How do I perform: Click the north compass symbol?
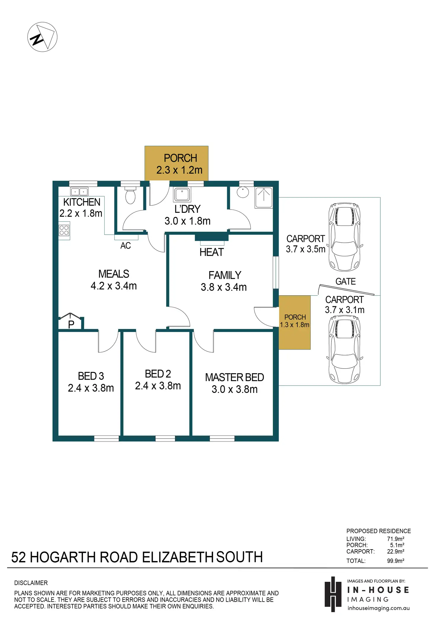(x=42, y=37)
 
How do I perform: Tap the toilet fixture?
(x=130, y=195)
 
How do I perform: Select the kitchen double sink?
(x=79, y=192)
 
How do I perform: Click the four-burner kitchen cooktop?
(x=64, y=230)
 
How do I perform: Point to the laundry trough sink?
(x=182, y=194)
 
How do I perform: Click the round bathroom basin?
(x=243, y=192)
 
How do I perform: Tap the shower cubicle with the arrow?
(x=264, y=198)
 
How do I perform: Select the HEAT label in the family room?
(x=211, y=252)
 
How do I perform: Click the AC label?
(x=126, y=246)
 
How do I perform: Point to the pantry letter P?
(x=71, y=325)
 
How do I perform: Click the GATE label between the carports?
(x=346, y=281)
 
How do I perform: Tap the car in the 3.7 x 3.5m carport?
(x=344, y=237)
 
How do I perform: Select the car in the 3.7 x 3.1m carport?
(x=344, y=349)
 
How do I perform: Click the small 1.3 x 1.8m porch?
(x=295, y=322)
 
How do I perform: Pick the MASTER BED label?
(x=235, y=378)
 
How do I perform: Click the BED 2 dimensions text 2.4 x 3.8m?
(x=158, y=386)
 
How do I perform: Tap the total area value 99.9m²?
(x=395, y=561)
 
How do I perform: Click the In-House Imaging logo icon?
(x=333, y=594)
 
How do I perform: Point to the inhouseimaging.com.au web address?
(x=379, y=608)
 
